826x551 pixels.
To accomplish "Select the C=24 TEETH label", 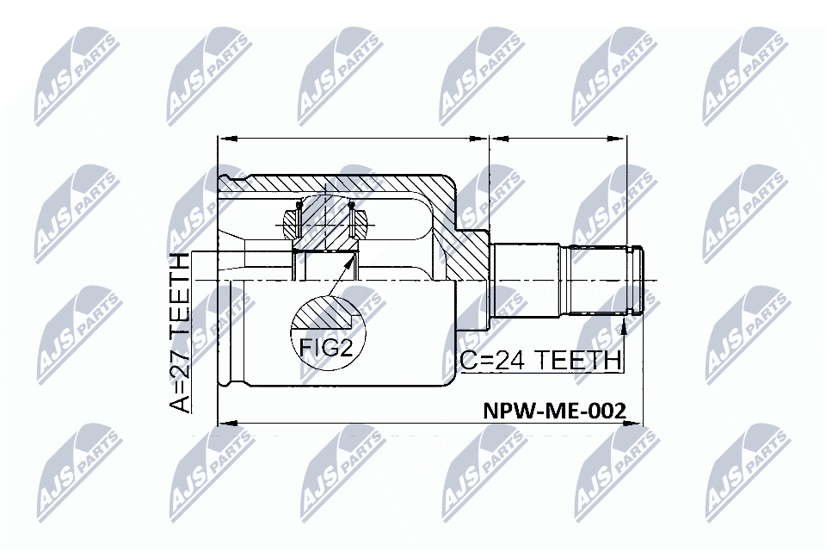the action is point(540,360).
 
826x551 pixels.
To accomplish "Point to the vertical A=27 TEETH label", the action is point(180,332).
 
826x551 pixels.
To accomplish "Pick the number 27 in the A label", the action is point(180,365).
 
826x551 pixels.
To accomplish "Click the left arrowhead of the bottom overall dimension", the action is point(228,423).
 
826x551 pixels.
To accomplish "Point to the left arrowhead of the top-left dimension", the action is point(228,139).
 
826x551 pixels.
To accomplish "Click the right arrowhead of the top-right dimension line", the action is point(616,139).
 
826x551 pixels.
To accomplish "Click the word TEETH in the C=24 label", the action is point(578,360).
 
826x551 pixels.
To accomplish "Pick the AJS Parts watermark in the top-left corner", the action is point(77,79).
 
